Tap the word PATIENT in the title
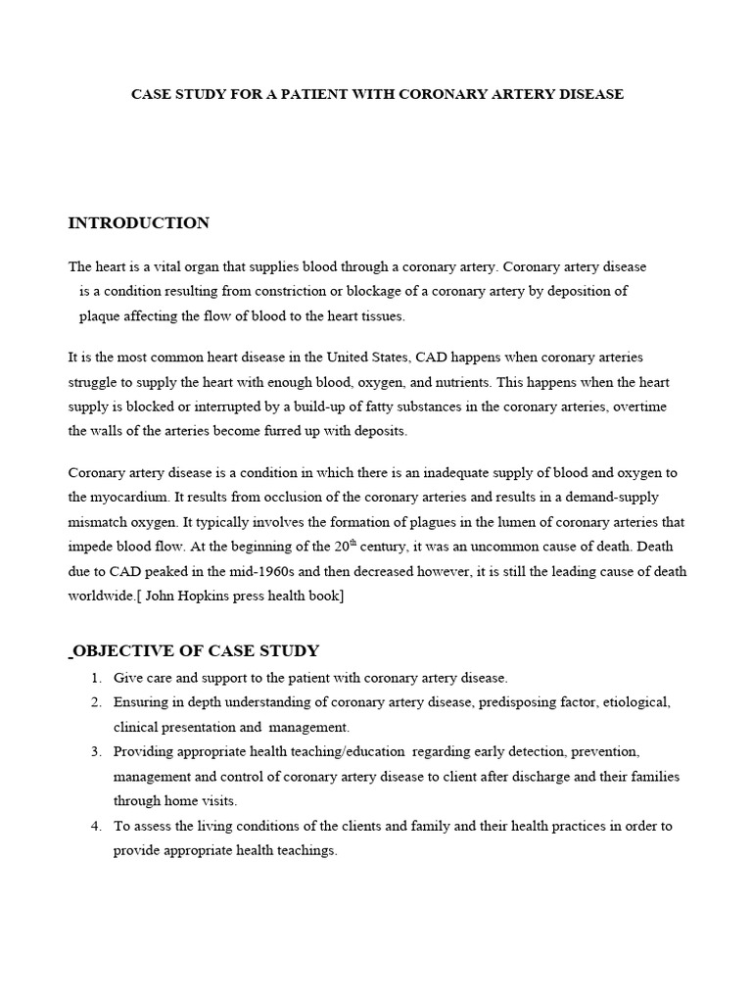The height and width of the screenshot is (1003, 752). pyautogui.click(x=292, y=94)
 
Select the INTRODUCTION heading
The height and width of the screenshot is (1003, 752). pyautogui.click(x=138, y=223)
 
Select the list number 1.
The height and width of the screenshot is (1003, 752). pyautogui.click(x=96, y=678)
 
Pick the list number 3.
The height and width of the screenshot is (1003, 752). pyautogui.click(x=96, y=751)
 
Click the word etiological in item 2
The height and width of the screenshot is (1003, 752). pyautogui.click(x=636, y=702)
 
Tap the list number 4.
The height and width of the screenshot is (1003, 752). pyautogui.click(x=96, y=826)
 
